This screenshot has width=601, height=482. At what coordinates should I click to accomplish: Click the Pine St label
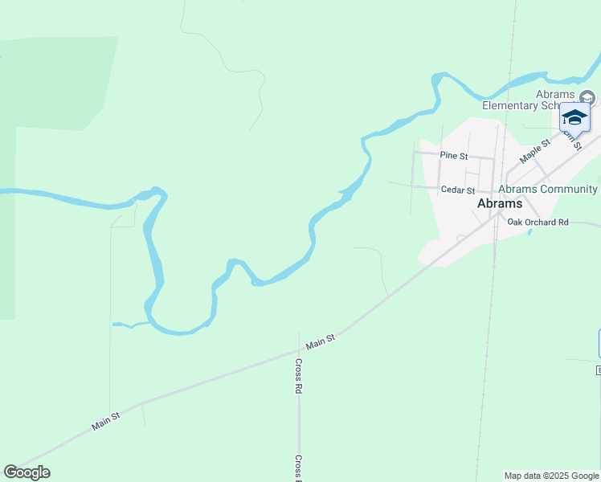click(x=454, y=156)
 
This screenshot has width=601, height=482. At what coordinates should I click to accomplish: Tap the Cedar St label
click(x=459, y=190)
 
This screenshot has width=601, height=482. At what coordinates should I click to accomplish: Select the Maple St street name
click(x=535, y=150)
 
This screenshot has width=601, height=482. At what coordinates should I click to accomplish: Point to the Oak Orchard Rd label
click(x=538, y=222)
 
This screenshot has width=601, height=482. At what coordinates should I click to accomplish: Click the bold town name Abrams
click(x=500, y=204)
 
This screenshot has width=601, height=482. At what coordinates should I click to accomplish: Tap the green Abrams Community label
click(x=548, y=190)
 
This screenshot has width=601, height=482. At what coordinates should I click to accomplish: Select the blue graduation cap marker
click(x=574, y=117)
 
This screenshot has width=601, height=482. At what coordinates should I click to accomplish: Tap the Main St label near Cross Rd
click(x=320, y=344)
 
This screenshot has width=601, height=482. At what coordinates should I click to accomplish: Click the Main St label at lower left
click(x=105, y=420)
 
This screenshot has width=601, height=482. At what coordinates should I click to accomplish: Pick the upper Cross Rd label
click(x=298, y=375)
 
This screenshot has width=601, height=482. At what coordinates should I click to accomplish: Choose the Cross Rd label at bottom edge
click(x=298, y=468)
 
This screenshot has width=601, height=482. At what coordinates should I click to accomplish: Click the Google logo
click(x=27, y=472)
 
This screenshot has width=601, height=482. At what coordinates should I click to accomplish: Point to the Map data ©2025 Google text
click(x=551, y=476)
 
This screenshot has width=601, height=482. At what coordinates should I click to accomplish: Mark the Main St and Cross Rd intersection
click(x=299, y=350)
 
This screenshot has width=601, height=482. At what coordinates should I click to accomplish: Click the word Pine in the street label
click(x=448, y=156)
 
